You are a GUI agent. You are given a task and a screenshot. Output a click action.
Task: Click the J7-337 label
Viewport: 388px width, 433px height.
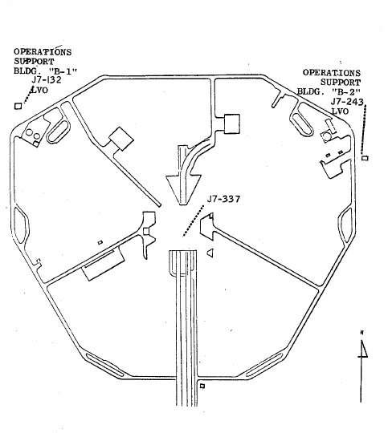[x=223, y=199]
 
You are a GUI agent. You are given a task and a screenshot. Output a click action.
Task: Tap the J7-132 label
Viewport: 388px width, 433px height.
[x=46, y=80]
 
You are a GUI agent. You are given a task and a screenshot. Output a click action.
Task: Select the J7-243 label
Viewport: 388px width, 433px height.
[x=347, y=102]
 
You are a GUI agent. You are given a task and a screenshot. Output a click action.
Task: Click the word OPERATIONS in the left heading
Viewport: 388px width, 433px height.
[x=43, y=52]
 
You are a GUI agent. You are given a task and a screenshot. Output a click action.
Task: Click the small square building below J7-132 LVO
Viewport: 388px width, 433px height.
[x=18, y=106]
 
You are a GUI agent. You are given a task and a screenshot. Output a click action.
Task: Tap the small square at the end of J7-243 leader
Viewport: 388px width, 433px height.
[x=366, y=158]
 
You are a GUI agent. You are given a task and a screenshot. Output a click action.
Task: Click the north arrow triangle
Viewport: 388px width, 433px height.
[x=364, y=349]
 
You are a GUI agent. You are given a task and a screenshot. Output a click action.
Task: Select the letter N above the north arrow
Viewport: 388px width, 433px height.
[x=362, y=333]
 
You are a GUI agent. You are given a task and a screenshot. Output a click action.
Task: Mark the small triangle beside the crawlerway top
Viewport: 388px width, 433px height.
[x=210, y=253]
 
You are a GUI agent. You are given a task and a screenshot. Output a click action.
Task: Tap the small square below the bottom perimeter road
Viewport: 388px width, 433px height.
[x=202, y=386]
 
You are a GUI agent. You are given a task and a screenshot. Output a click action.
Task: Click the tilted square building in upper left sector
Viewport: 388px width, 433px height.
[x=121, y=139]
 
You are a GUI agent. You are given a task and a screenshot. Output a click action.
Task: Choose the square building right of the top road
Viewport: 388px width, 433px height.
[x=231, y=124]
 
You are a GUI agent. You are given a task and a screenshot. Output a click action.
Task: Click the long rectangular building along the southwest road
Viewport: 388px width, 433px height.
[x=104, y=264]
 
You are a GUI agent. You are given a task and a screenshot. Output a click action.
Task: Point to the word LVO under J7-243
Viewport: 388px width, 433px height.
[x=340, y=111]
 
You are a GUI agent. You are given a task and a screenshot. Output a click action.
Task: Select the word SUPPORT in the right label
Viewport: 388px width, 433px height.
[x=341, y=83]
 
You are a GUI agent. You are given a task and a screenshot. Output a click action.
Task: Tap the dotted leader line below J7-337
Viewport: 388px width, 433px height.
[x=193, y=221]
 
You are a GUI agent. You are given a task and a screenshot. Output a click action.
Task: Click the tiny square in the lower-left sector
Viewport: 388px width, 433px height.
[x=100, y=242]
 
